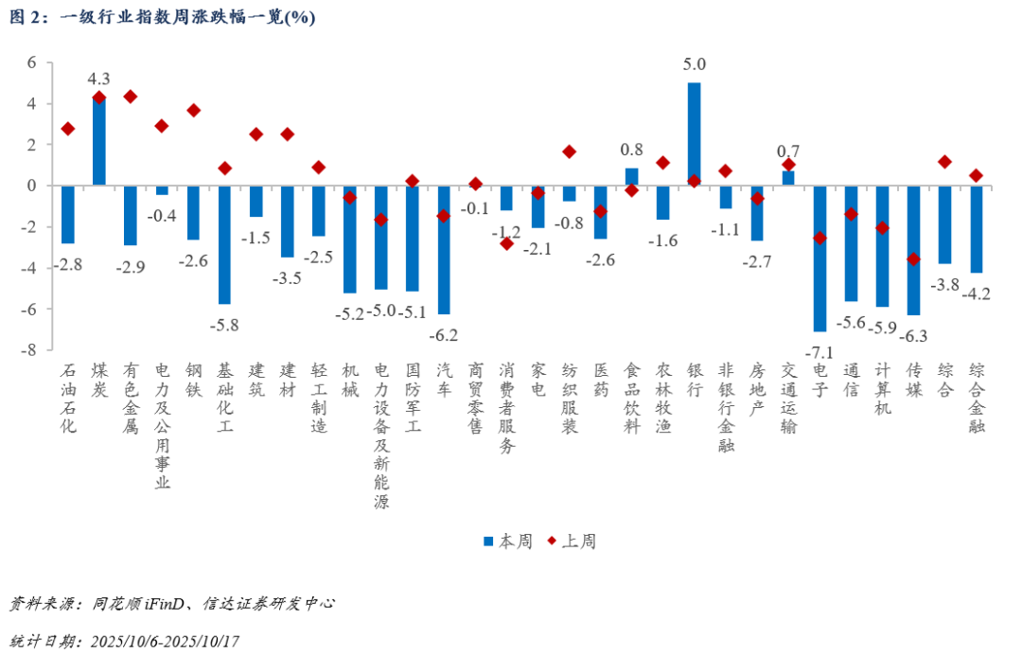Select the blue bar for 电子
click(819, 258)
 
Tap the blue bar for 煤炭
click(98, 140)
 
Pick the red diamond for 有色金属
click(131, 97)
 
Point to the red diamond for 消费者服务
click(506, 243)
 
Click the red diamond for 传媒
click(913, 258)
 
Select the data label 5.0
click(694, 64)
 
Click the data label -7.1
click(819, 352)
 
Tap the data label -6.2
click(443, 334)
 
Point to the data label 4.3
click(98, 79)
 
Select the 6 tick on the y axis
click(30, 62)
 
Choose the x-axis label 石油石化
click(68, 397)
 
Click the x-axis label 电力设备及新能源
click(380, 436)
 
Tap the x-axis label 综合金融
click(976, 397)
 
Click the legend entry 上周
click(571, 542)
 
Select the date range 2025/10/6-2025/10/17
click(165, 641)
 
